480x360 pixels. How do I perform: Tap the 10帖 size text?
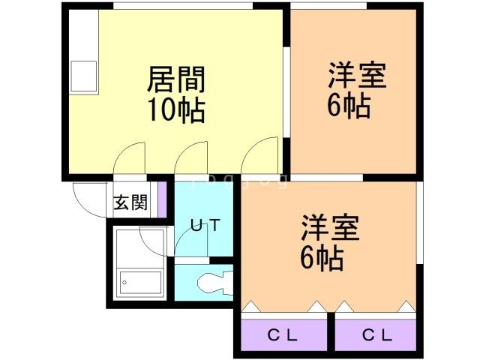[177, 110]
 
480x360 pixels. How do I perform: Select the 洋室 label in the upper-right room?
[356, 76]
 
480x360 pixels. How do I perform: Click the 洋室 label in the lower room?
[331, 227]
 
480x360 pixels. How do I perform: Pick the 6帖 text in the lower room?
[322, 259]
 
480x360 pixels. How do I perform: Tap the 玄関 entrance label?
[130, 202]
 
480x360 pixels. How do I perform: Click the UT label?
[203, 224]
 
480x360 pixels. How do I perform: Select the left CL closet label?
[283, 335]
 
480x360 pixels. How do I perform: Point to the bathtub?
[142, 283]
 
